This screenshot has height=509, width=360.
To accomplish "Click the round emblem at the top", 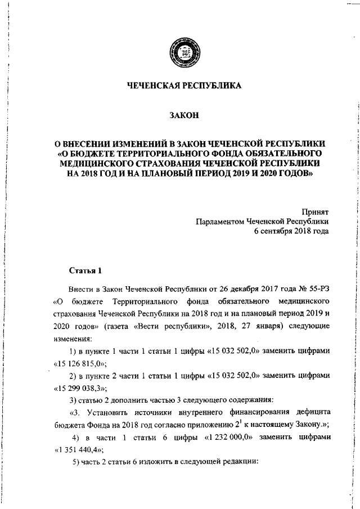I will (x=183, y=54).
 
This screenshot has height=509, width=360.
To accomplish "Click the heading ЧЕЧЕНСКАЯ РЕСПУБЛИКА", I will (x=183, y=86).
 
